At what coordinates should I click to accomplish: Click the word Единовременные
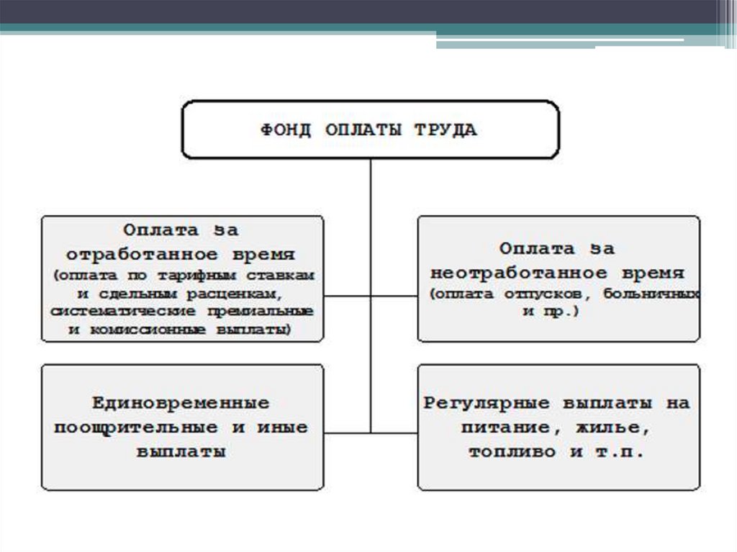[181, 403]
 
